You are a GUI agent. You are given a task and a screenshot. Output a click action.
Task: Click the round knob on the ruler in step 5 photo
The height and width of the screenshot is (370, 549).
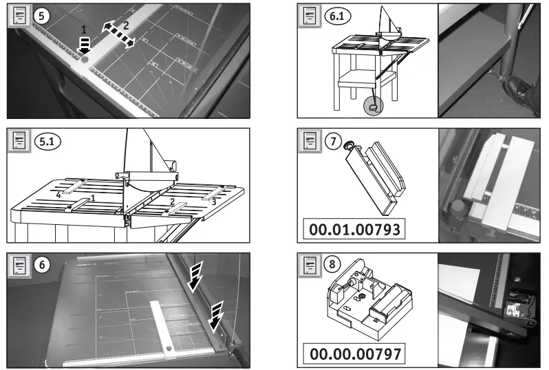85,61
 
